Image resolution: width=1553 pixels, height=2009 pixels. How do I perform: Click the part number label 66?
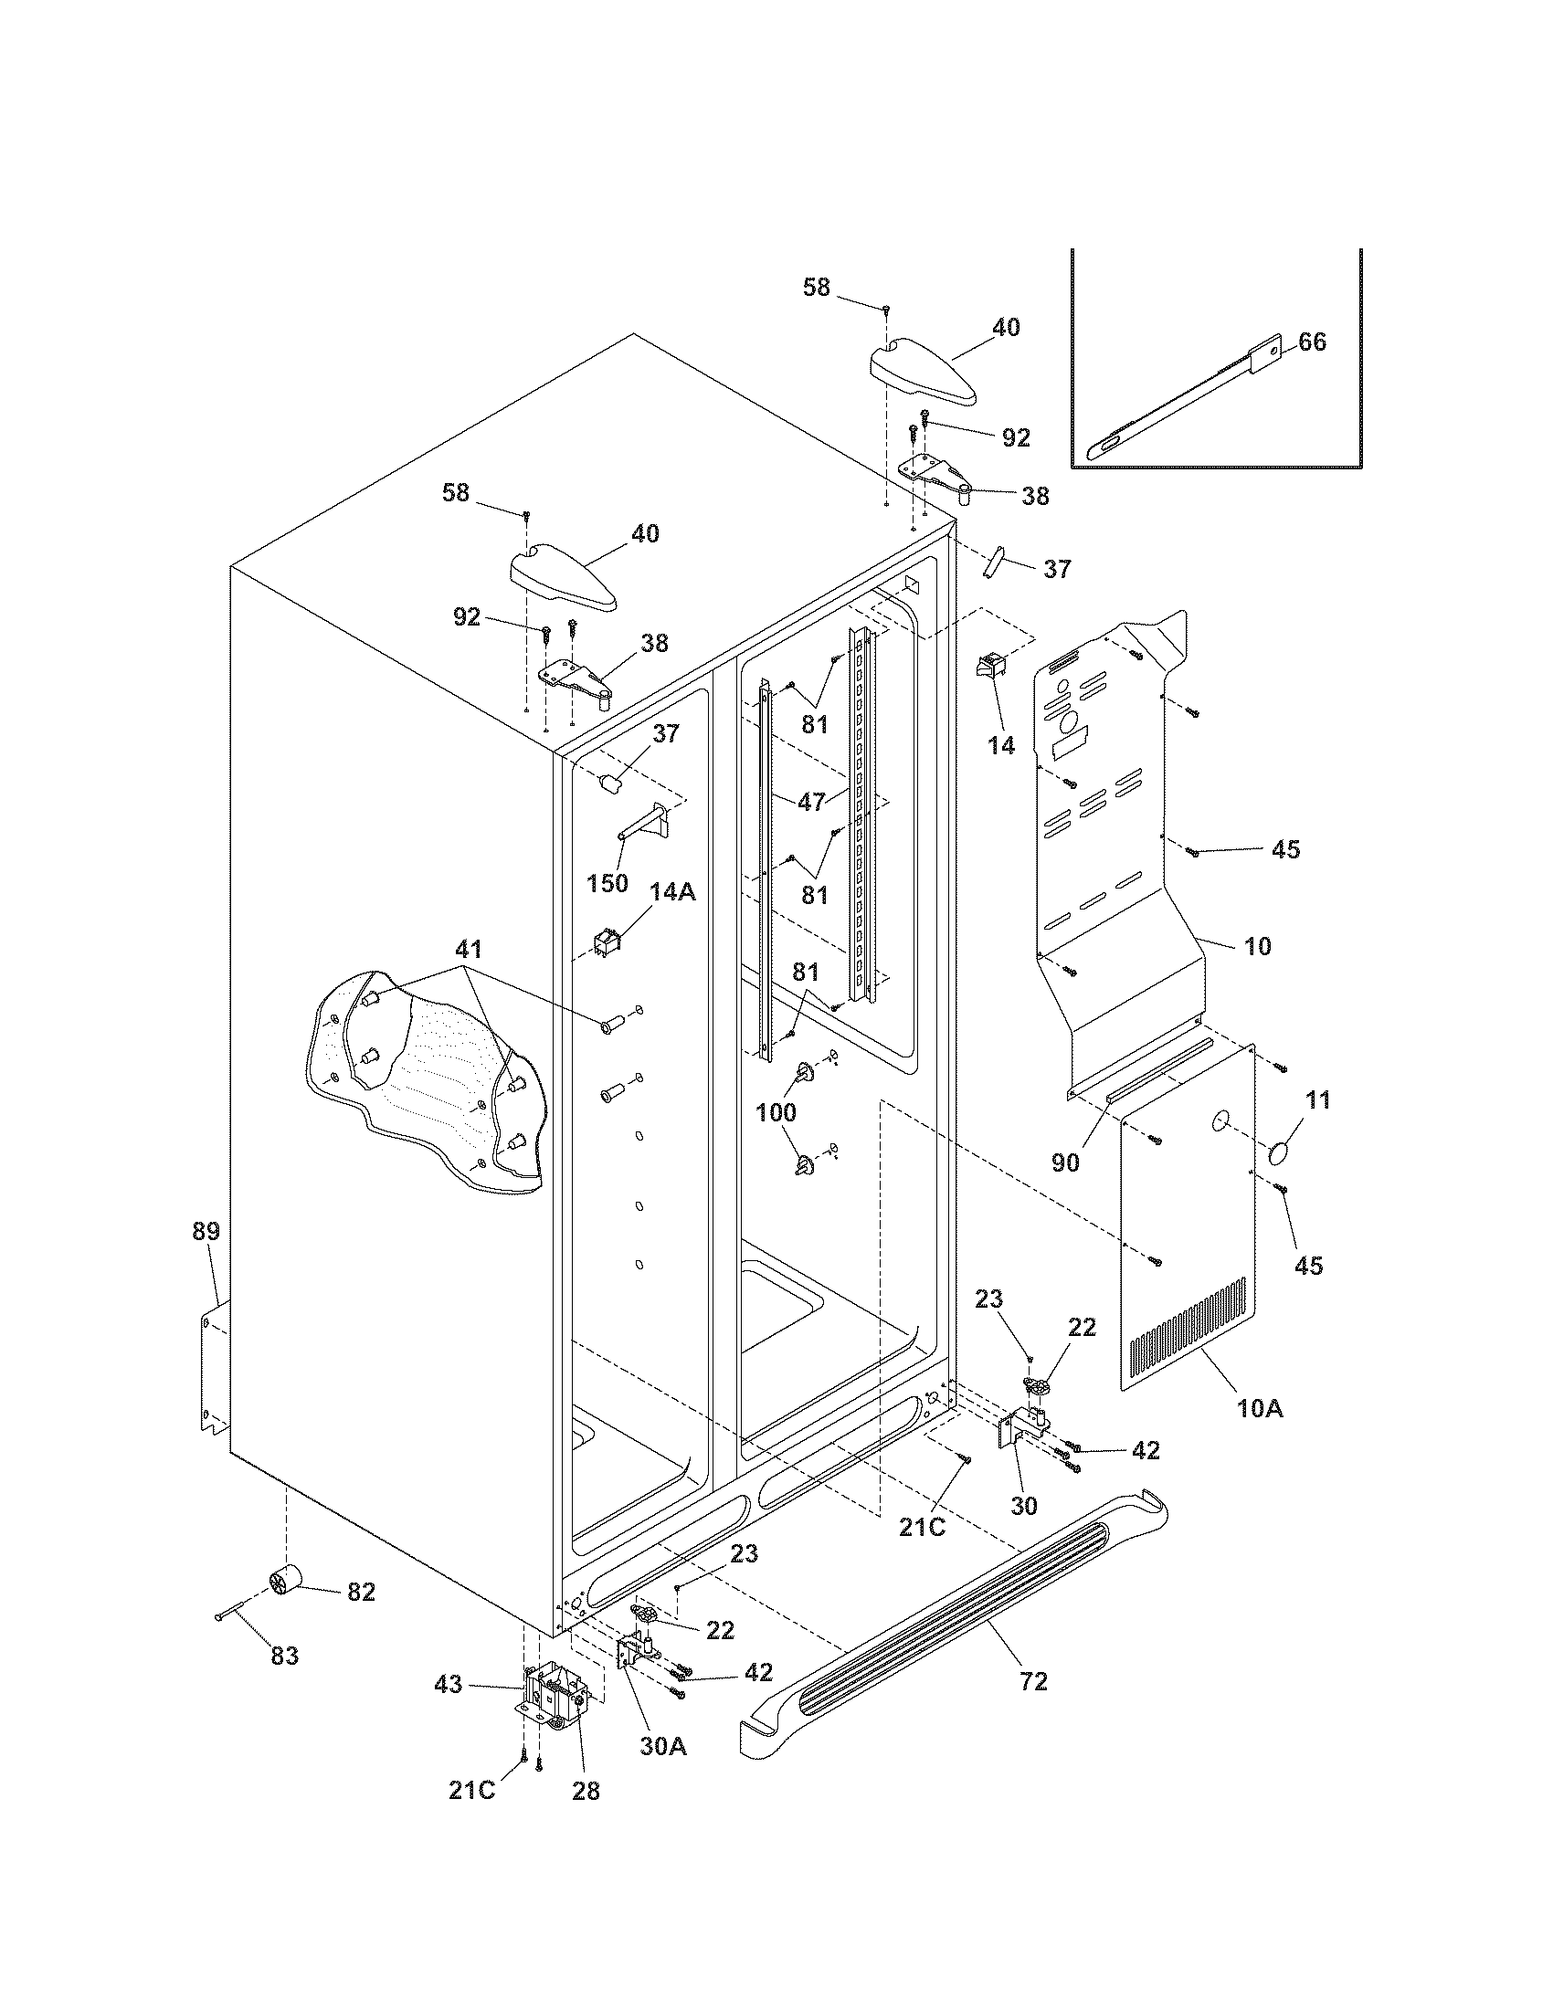(1312, 342)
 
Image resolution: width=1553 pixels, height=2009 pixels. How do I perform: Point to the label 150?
(607, 883)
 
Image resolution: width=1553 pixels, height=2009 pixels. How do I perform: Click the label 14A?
(672, 891)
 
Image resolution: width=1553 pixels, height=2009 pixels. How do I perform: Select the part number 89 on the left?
(206, 1231)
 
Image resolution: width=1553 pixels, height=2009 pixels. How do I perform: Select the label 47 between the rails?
(811, 801)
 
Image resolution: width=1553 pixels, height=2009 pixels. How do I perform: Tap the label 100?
(776, 1112)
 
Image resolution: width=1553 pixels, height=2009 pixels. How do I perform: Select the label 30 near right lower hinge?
(1023, 1506)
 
